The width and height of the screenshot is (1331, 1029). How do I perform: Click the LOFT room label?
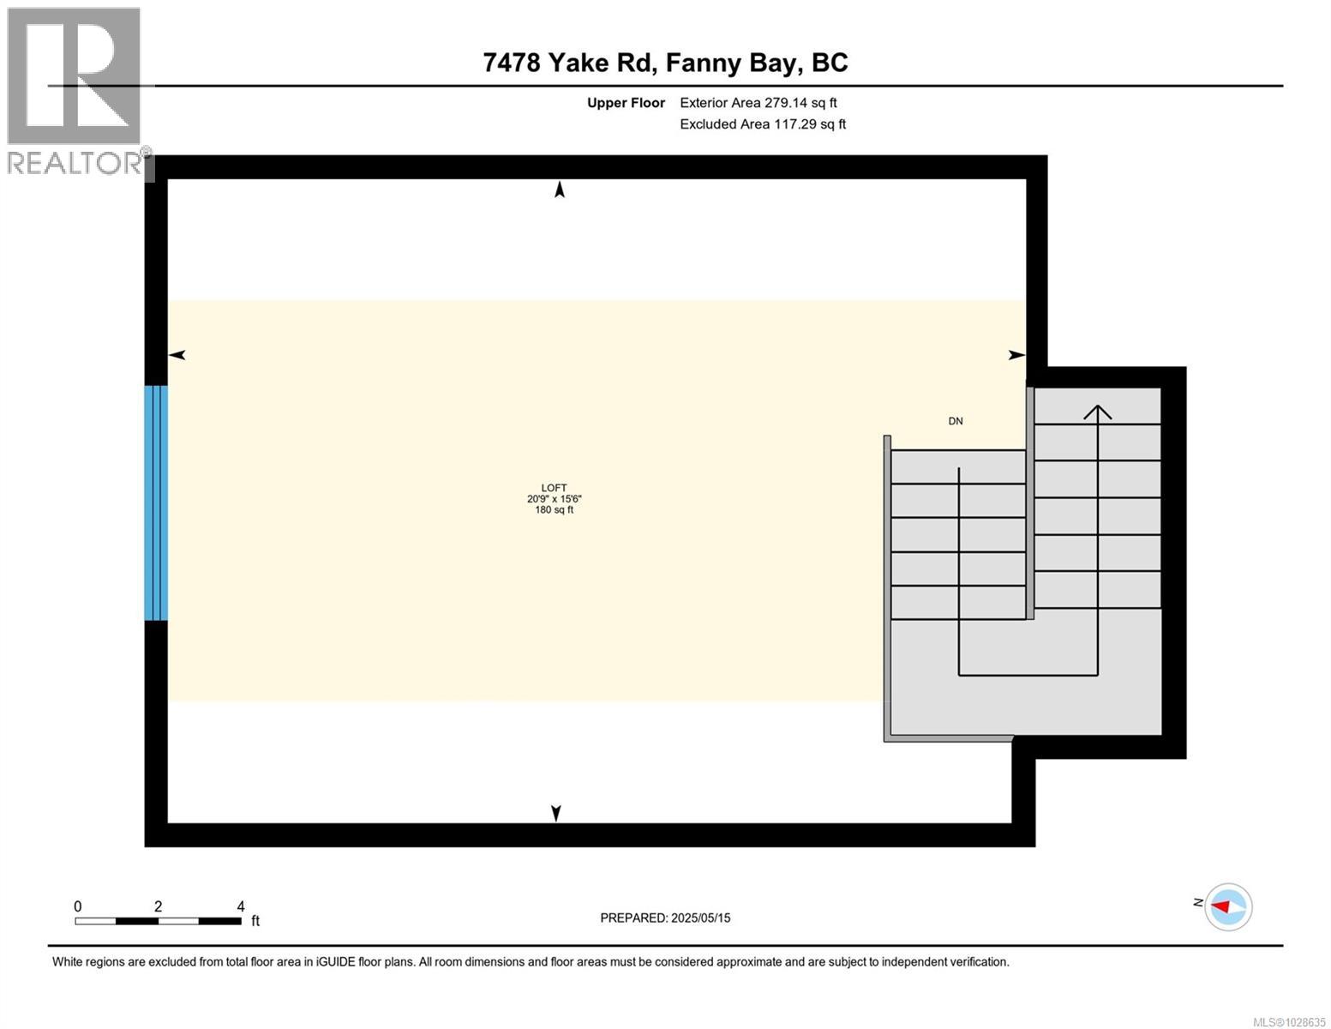(554, 487)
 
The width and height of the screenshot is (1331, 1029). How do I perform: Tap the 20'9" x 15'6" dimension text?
(554, 499)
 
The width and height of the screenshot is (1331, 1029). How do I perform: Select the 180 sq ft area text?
(554, 510)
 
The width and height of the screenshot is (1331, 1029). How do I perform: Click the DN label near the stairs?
(955, 421)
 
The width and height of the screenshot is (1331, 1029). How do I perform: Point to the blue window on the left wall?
(155, 502)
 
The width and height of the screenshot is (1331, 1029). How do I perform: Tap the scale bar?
(158, 921)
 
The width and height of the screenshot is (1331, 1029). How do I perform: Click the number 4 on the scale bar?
(241, 906)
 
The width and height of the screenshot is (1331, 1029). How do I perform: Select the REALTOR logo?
(75, 90)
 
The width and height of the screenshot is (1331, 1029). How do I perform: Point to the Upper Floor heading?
(626, 103)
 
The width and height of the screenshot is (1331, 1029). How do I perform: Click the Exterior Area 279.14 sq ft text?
(758, 103)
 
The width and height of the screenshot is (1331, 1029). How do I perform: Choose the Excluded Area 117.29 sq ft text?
(762, 124)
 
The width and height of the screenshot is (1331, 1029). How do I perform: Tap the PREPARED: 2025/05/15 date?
(665, 918)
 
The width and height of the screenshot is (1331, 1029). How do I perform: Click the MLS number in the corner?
(1289, 1021)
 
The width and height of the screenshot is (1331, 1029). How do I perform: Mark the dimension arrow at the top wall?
(560, 190)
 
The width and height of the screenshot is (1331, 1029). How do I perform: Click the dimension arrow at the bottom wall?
(555, 813)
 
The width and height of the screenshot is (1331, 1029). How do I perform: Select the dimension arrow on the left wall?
(177, 355)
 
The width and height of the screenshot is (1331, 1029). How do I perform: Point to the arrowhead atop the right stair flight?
(1098, 412)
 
